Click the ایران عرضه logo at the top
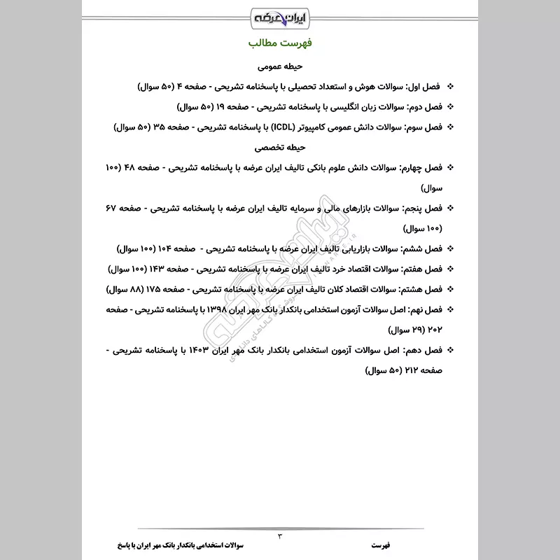280,15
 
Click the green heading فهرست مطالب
280,43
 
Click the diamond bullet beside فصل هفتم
449,269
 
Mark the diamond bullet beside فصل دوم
449,108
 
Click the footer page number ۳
280,535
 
